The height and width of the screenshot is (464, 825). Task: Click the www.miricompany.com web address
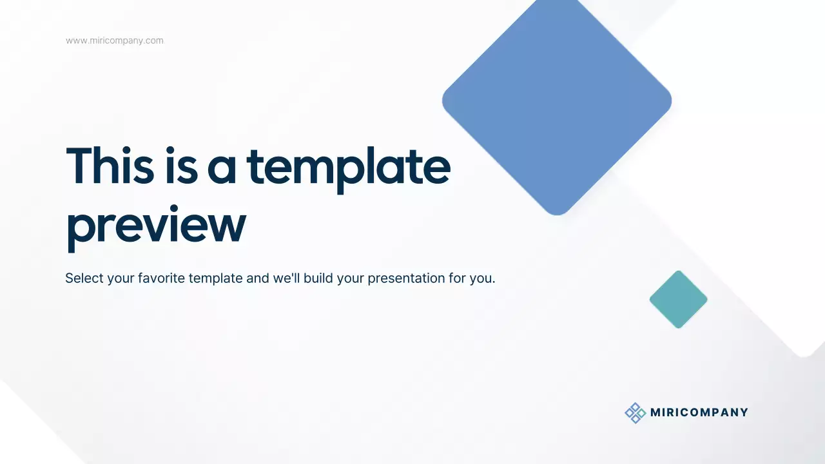point(115,41)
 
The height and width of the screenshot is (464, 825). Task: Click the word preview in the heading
point(156,226)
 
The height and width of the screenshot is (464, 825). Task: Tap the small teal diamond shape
point(678,299)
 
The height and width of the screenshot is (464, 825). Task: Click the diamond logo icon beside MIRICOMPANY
point(635,412)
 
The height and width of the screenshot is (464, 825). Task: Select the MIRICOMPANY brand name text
point(699,412)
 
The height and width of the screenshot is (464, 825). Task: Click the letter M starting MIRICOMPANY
point(655,412)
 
